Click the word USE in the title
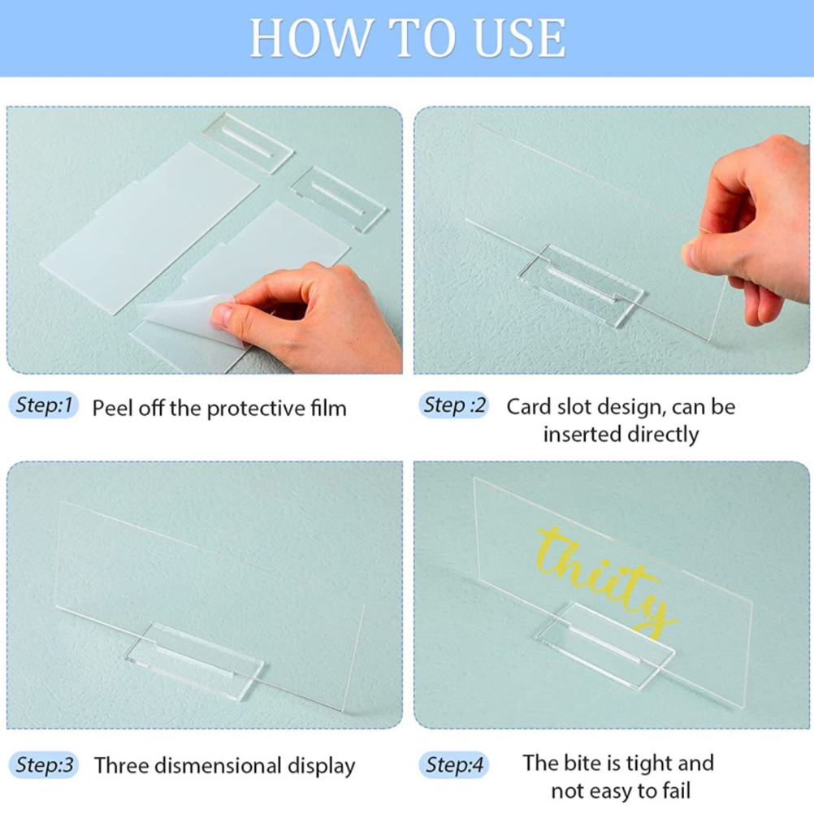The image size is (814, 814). click(x=520, y=37)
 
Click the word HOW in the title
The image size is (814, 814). click(x=309, y=37)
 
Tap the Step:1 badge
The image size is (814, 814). click(x=44, y=405)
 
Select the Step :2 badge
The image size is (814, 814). click(x=454, y=405)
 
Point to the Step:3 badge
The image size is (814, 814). click(x=44, y=765)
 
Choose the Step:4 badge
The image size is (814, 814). click(x=454, y=765)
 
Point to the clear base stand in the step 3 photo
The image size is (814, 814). click(x=194, y=660)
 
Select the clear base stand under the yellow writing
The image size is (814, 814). click(x=604, y=645)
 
